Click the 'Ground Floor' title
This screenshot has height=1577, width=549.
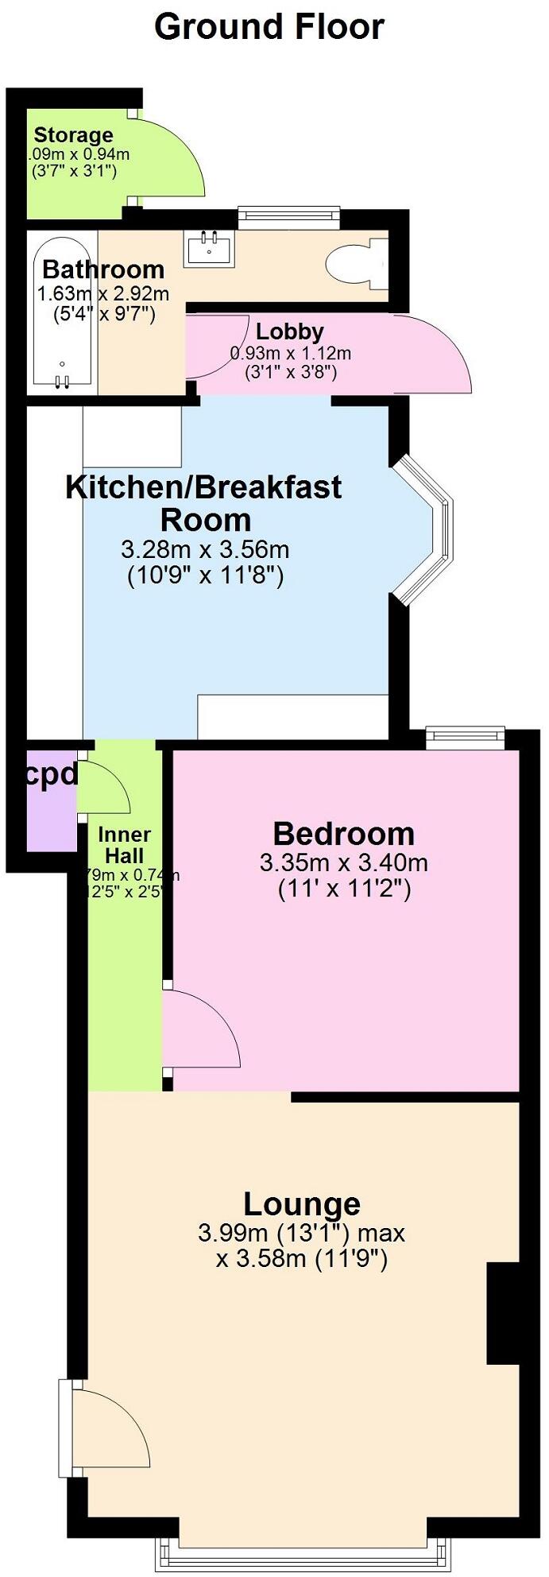click(x=269, y=27)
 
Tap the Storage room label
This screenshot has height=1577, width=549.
click(x=73, y=135)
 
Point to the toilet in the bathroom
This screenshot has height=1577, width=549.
click(x=354, y=262)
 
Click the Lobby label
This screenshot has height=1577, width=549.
click(x=289, y=331)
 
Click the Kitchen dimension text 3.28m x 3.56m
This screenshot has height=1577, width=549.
click(x=205, y=549)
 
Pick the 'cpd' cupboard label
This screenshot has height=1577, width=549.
click(x=51, y=775)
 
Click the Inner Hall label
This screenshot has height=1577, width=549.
click(x=124, y=845)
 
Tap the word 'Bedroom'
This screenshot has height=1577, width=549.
click(x=343, y=834)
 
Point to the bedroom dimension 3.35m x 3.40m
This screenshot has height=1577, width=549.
click(x=343, y=862)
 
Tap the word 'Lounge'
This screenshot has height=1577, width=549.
click(x=301, y=1204)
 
